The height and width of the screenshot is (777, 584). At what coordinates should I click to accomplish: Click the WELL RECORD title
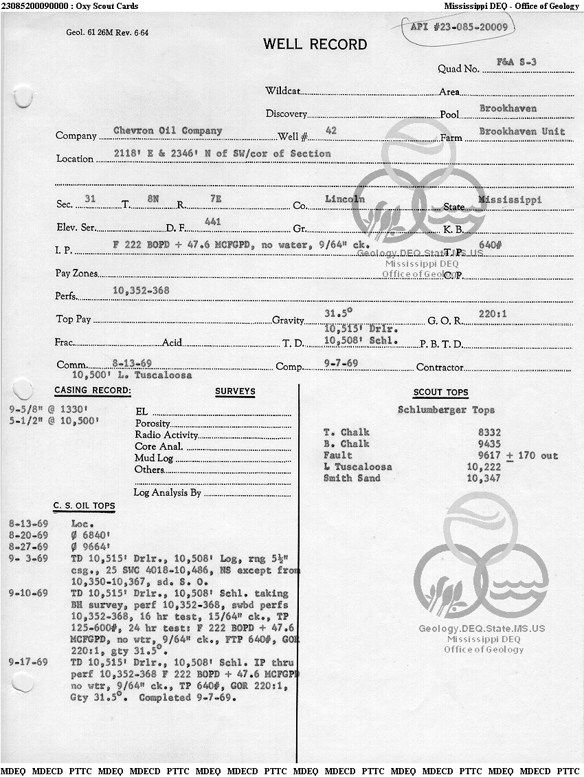click(315, 45)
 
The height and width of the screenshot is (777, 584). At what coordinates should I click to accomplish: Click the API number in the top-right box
click(458, 28)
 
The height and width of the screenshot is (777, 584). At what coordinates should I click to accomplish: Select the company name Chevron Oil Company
click(168, 131)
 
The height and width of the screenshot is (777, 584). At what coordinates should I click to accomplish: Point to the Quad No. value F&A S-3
click(516, 62)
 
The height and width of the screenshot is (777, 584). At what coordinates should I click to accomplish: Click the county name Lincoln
click(345, 199)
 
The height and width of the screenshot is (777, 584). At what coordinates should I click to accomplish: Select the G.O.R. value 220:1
click(493, 315)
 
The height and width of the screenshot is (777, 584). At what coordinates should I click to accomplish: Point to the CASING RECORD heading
click(93, 391)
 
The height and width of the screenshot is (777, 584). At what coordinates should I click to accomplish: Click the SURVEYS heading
click(235, 392)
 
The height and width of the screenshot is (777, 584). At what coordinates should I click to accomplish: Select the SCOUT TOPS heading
click(440, 393)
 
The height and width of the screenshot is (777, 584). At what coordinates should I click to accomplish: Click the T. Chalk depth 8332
click(489, 433)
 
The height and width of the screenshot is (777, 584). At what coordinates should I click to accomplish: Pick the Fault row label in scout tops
click(337, 455)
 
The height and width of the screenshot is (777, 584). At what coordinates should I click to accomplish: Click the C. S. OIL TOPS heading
click(85, 507)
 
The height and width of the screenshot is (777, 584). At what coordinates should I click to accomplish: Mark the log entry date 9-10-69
click(28, 593)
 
